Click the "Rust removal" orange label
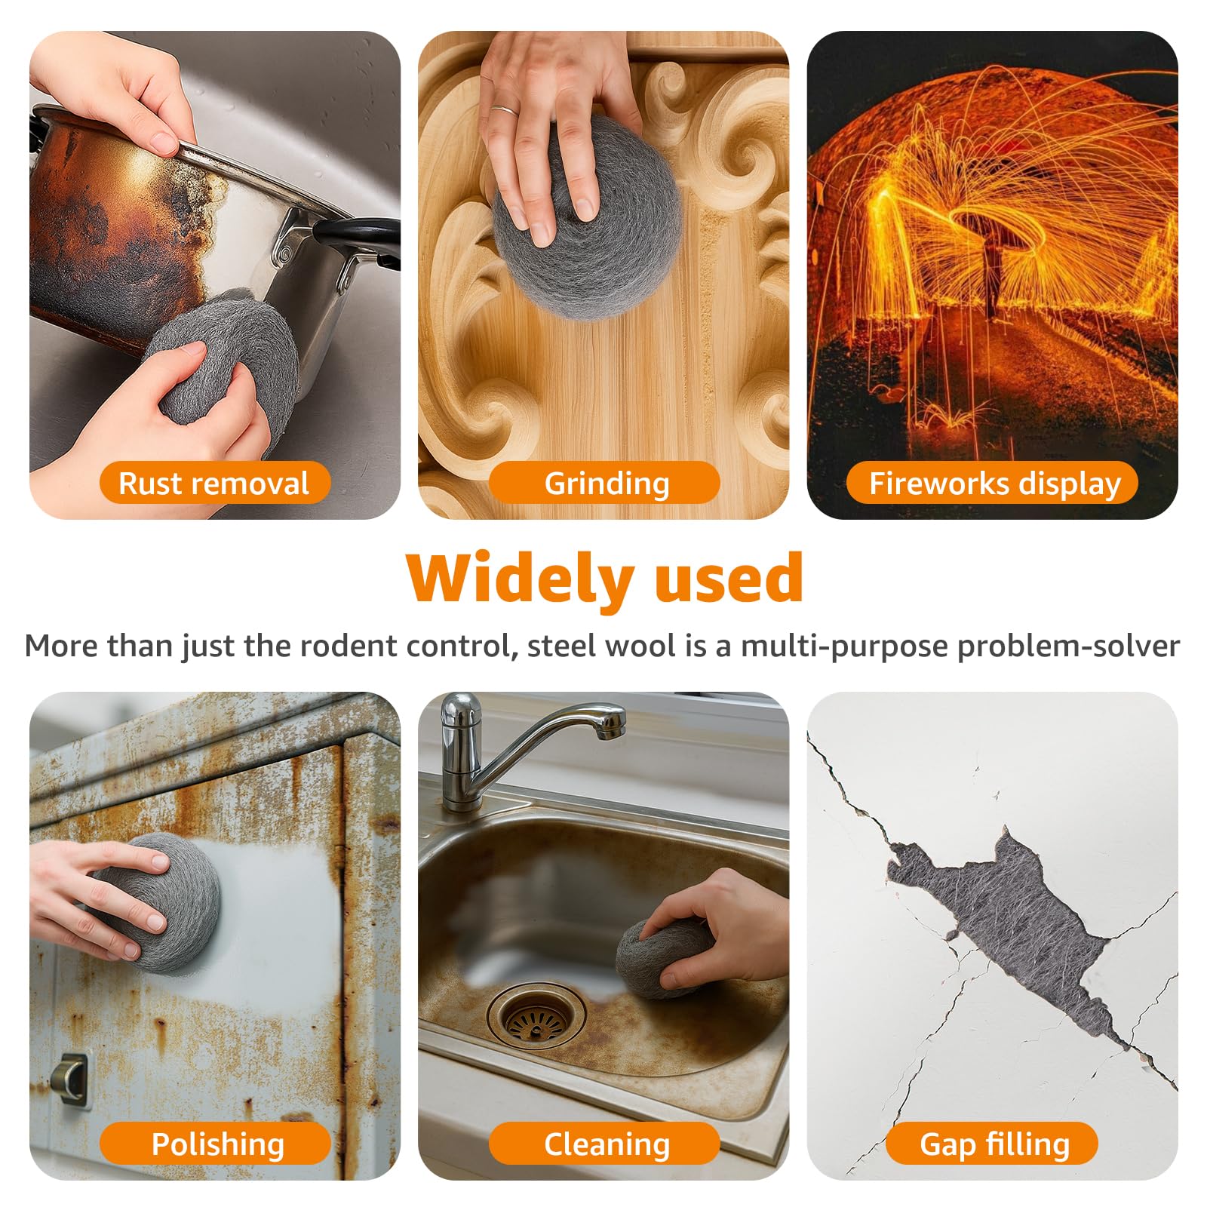click(x=215, y=483)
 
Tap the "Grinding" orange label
click(x=605, y=483)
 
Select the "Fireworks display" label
click(x=993, y=483)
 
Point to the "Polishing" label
click(x=216, y=1144)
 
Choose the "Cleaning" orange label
click(x=605, y=1144)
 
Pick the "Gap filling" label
click(x=993, y=1144)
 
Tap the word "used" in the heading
click(x=729, y=579)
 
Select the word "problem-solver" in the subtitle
click(x=1068, y=647)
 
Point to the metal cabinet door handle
click(x=73, y=1080)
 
